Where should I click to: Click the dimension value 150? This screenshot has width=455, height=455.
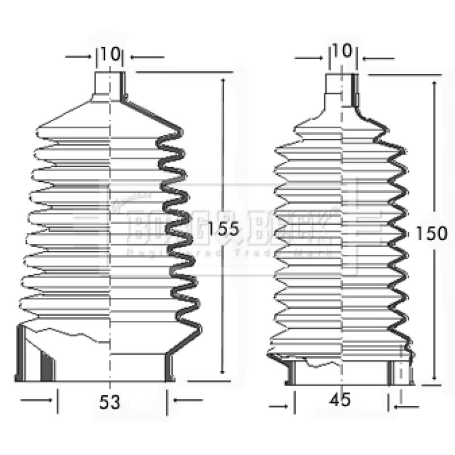coord(429,233)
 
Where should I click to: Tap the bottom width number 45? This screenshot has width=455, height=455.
coord(341,400)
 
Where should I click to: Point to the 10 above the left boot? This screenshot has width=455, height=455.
coord(111,55)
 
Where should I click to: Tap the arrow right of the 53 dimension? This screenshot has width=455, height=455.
coord(188,402)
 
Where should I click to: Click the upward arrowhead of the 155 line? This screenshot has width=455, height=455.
coord(222,82)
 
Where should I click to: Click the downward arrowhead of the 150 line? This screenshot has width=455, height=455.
coord(435,377)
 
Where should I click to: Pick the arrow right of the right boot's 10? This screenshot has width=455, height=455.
coord(378,59)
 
